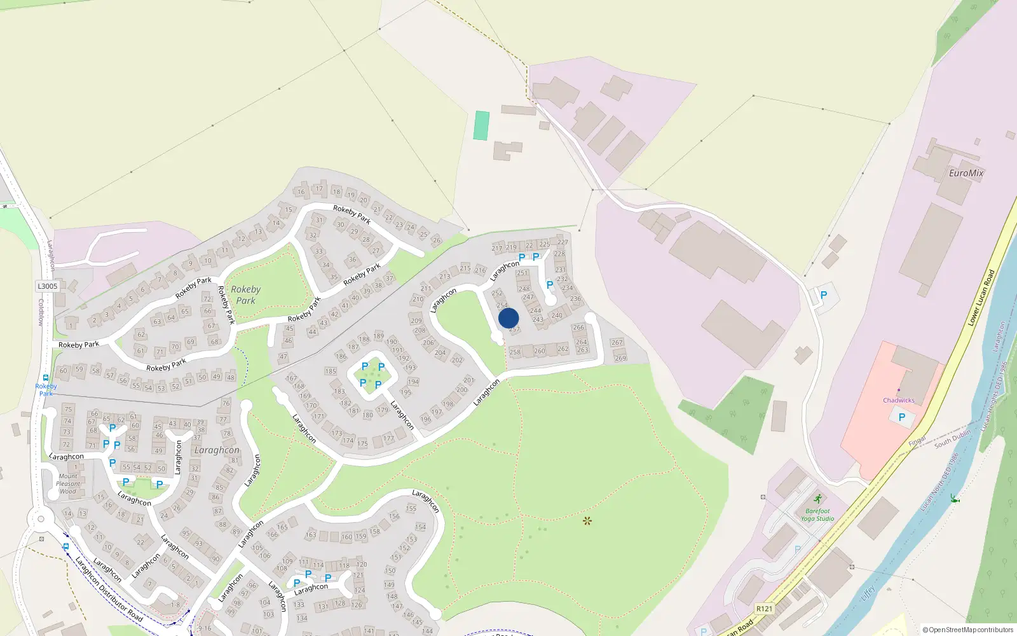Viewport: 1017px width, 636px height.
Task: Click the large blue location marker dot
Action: point(508,318)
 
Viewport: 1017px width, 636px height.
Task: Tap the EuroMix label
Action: point(966,173)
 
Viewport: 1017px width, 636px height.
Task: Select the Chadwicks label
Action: point(898,400)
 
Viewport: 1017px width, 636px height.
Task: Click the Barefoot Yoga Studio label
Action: point(817,515)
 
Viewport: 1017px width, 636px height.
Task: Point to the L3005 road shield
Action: point(47,286)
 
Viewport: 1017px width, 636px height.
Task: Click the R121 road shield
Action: point(764,609)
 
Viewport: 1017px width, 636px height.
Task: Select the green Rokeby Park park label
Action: point(246,294)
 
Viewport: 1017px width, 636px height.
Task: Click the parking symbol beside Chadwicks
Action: point(901,417)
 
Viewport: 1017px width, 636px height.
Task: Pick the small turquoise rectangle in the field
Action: point(481,125)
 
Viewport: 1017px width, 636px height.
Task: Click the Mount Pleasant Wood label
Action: point(68,483)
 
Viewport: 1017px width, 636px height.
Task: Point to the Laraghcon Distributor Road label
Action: point(109,589)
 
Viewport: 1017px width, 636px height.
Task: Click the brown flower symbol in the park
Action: point(587,521)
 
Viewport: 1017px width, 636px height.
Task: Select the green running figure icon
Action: point(817,499)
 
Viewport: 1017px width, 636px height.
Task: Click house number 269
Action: point(620,358)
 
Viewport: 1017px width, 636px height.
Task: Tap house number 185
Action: point(331,371)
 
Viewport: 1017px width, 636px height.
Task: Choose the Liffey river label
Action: point(869,593)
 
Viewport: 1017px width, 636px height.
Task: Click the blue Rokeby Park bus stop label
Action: point(46,390)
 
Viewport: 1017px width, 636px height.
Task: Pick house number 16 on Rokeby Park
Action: point(301,191)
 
